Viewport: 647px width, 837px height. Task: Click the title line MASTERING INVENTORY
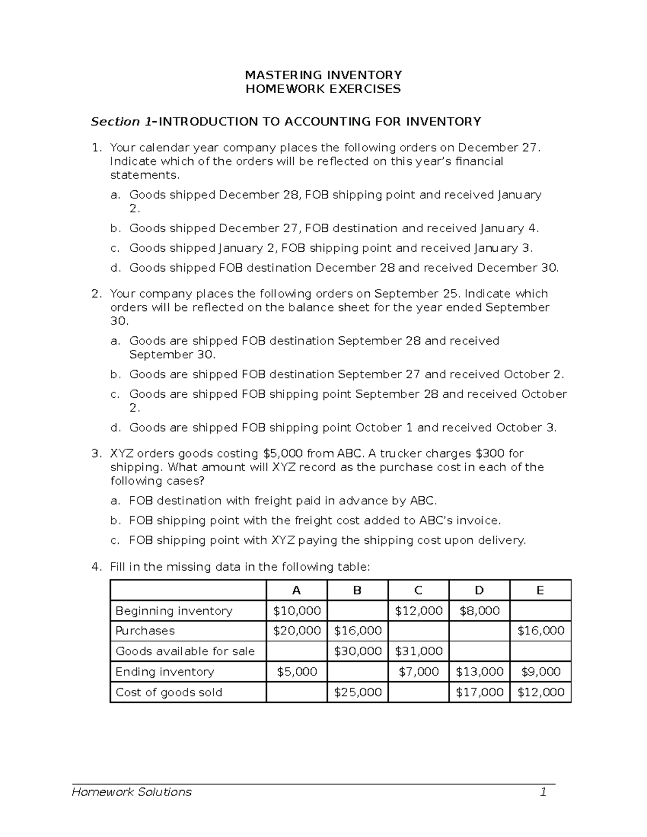point(323,75)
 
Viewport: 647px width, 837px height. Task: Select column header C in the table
point(418,591)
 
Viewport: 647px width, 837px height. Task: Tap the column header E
point(540,591)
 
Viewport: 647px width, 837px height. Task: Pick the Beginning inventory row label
point(174,611)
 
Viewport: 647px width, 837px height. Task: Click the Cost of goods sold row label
point(169,693)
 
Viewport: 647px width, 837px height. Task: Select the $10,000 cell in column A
point(297,611)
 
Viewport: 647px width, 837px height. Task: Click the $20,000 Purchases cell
point(297,631)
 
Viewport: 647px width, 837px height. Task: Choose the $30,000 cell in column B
point(357,652)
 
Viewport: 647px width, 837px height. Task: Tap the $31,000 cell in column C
point(418,652)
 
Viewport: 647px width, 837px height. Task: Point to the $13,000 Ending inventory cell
point(479,672)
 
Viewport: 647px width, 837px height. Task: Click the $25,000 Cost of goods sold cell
point(357,693)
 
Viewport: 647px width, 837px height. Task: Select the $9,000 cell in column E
point(540,672)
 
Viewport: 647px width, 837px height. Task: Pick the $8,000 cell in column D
point(479,611)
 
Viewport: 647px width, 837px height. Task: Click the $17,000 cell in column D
point(479,693)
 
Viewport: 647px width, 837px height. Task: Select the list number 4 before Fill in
point(96,567)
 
